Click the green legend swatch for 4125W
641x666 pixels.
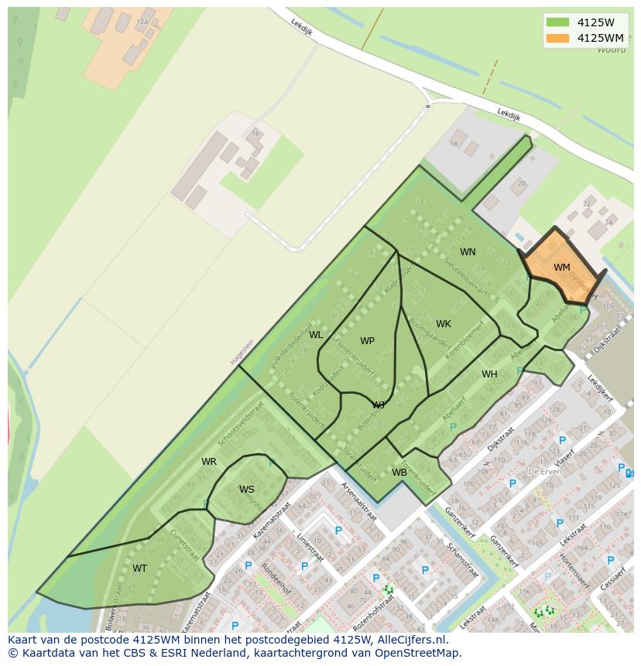pos(557,22)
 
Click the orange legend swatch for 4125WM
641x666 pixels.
pos(557,38)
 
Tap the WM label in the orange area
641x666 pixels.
pos(562,268)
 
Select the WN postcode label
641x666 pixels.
pos(468,252)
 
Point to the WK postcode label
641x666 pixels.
pos(443,324)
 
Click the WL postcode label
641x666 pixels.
pos(316,335)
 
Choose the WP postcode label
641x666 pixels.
pos(367,341)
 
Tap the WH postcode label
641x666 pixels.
pos(489,374)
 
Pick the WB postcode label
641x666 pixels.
pos(399,473)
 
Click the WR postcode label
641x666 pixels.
pos(209,462)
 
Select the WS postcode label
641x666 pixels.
pos(246,490)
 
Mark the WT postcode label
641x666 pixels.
pos(139,569)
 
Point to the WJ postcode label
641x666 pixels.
pos(379,405)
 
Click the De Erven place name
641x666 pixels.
pos(543,471)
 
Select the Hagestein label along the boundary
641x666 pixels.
pos(242,353)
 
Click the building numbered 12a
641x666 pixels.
pos(142,22)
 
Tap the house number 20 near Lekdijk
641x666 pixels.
pos(522,183)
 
